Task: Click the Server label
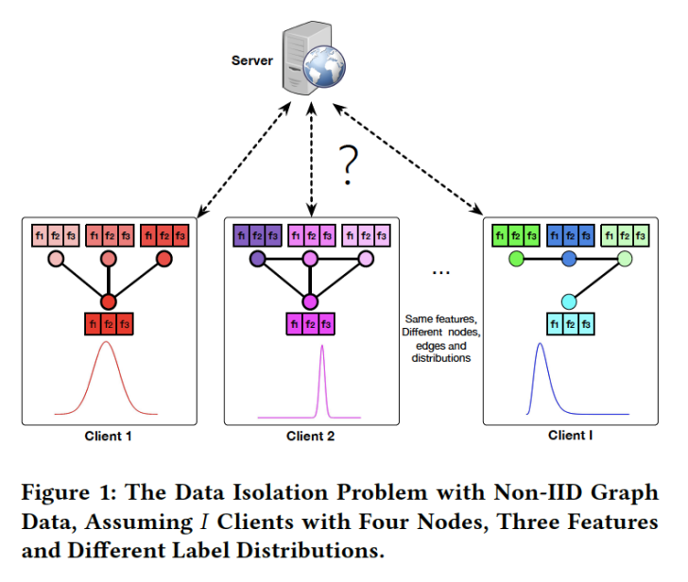click(251, 60)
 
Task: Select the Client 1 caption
click(110, 436)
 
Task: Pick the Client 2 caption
click(311, 436)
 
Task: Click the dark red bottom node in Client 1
click(109, 302)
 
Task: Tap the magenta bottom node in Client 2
click(310, 302)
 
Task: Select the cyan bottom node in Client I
click(568, 301)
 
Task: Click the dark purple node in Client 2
click(256, 258)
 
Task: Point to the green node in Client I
click(516, 258)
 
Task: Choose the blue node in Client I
click(569, 258)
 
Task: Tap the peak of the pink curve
click(323, 348)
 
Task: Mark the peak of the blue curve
click(540, 345)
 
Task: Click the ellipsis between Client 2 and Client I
click(440, 271)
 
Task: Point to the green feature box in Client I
click(516, 233)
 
